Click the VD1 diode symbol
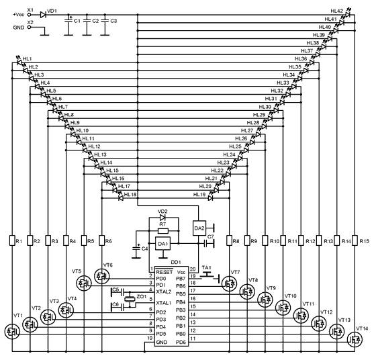tap(43, 15)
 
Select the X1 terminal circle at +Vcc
tap(30, 15)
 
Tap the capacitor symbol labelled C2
tap(87, 21)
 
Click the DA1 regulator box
tap(163, 244)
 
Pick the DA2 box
tap(199, 228)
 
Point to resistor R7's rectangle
tap(163, 231)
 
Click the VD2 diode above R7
tap(162, 218)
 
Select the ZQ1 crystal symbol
tap(130, 299)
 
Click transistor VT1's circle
tap(12, 332)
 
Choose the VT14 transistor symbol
tap(355, 339)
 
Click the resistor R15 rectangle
tap(355, 240)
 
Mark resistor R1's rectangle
tap(12, 240)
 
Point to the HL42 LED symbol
tap(348, 13)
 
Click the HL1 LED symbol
tap(19, 61)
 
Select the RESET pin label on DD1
tap(164, 272)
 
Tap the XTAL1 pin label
tap(164, 303)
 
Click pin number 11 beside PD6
tap(193, 339)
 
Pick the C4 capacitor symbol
tap(136, 249)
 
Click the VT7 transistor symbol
tap(229, 283)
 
